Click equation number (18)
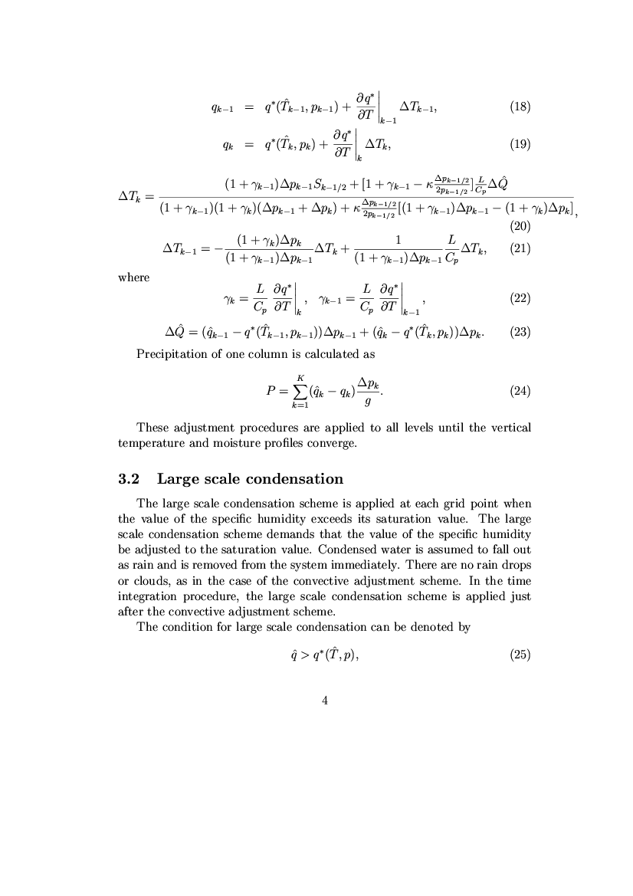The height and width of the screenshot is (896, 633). coord(520,107)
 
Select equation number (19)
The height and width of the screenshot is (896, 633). coord(520,143)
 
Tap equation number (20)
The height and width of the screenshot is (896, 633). coord(520,226)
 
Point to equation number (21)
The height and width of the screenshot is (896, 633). coord(520,248)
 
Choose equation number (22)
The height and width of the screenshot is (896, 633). coord(520,298)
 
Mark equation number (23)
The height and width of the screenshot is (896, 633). coord(520,333)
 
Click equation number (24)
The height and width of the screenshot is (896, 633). coord(520,391)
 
